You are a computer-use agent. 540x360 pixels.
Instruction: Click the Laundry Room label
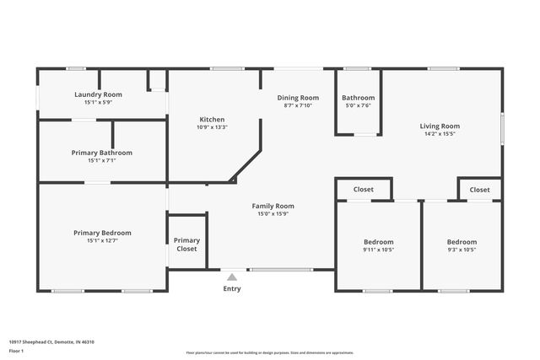(98, 94)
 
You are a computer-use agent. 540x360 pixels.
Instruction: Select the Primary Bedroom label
(102, 233)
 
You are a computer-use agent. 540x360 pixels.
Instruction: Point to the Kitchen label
(212, 119)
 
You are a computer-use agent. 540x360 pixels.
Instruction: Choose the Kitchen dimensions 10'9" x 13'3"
(212, 127)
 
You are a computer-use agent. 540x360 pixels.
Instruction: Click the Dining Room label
(298, 98)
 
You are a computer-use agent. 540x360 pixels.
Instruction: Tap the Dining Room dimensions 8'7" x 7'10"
(298, 106)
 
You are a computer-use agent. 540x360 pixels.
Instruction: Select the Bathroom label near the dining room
(358, 98)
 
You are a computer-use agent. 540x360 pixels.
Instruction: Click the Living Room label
(440, 126)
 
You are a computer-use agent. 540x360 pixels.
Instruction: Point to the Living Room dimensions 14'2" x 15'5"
(440, 134)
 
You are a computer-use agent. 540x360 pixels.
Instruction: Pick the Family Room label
(273, 206)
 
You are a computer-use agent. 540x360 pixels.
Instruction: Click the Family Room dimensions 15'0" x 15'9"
(273, 214)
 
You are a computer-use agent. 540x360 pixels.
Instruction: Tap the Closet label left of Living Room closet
(363, 190)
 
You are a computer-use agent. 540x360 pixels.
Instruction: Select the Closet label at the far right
(479, 190)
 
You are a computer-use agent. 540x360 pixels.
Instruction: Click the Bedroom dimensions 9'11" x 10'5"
(378, 250)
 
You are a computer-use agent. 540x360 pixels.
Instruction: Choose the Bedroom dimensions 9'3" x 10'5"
(462, 250)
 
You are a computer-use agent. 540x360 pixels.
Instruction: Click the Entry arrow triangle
(231, 275)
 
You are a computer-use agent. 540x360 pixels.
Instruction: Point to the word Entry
(231, 288)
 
